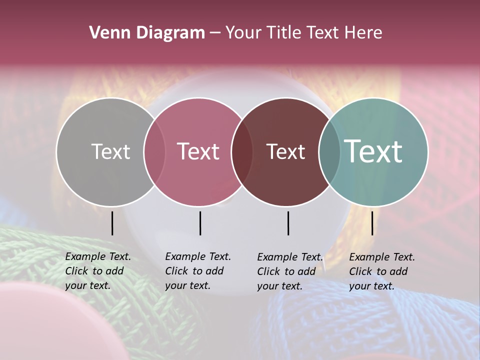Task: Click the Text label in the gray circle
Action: click(x=110, y=151)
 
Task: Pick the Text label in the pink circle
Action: click(x=198, y=151)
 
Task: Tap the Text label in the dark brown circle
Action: click(x=285, y=151)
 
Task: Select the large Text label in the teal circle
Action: click(x=373, y=151)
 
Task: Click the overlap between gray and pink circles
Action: click(x=154, y=152)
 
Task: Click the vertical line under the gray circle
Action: click(x=112, y=223)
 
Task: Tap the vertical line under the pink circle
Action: click(x=200, y=223)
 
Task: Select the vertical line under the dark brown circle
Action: click(x=288, y=223)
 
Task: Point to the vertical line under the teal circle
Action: click(x=372, y=223)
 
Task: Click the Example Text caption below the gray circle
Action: click(x=97, y=271)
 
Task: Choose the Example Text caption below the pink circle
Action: click(x=197, y=271)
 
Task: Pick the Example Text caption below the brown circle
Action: click(x=289, y=271)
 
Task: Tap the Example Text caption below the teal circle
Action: click(x=381, y=271)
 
